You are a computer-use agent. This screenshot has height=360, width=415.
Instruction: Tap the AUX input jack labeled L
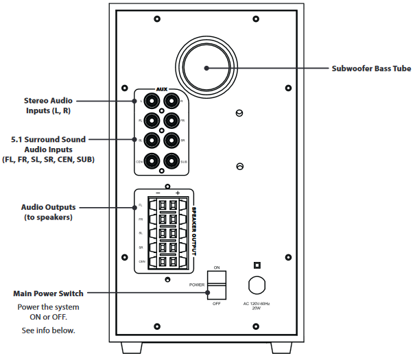click(x=152, y=101)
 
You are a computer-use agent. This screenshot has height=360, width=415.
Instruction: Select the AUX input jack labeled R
click(x=171, y=101)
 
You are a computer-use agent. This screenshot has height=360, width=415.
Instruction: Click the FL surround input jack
click(x=152, y=121)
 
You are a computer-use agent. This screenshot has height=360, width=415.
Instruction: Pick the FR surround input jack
click(x=171, y=121)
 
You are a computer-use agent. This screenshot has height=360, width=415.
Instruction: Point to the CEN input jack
click(x=152, y=162)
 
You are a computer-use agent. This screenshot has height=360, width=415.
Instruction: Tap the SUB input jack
click(x=171, y=162)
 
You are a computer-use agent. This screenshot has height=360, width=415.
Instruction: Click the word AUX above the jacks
click(x=162, y=89)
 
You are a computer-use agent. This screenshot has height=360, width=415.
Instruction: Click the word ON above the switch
click(x=217, y=267)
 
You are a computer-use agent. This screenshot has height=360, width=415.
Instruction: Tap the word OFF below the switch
click(x=217, y=302)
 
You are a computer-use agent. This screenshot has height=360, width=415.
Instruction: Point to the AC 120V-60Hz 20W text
click(x=256, y=306)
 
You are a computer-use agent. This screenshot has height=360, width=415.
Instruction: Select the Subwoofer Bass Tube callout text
click(x=371, y=69)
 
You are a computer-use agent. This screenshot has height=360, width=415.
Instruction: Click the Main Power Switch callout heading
click(x=48, y=293)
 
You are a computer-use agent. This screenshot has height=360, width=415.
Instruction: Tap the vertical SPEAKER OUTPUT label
click(x=194, y=230)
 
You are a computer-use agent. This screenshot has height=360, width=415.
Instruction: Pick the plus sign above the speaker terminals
click(x=177, y=193)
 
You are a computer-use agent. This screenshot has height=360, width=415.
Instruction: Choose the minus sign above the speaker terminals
click(x=158, y=193)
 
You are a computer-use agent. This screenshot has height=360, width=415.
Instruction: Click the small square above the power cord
click(x=257, y=265)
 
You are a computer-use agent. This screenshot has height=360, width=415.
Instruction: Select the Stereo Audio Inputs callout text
click(x=47, y=106)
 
